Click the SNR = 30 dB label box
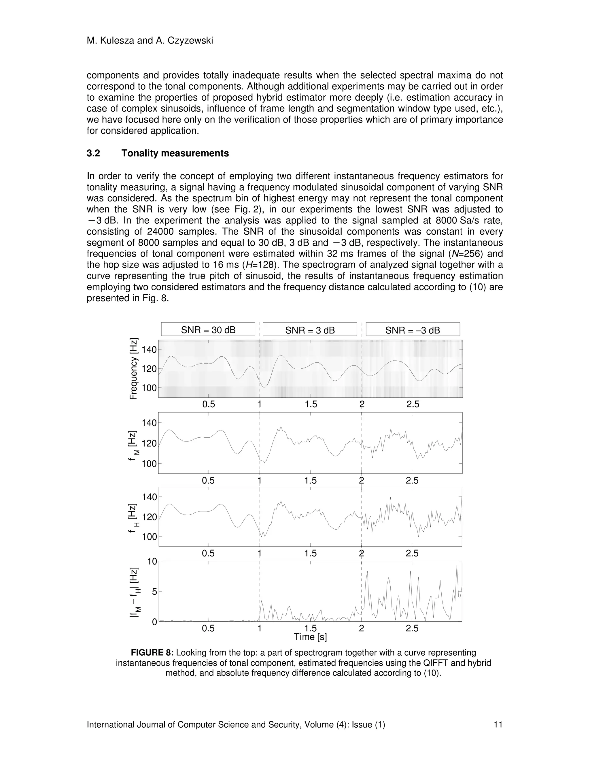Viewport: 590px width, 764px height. pyautogui.click(x=208, y=330)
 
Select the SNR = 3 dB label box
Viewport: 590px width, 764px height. pyautogui.click(x=310, y=330)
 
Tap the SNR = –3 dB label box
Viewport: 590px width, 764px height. pyautogui.click(x=413, y=330)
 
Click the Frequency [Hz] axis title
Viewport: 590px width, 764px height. pyautogui.click(x=133, y=369)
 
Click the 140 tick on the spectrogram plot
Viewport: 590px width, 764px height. pyautogui.click(x=149, y=349)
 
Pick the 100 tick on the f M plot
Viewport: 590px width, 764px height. pyautogui.click(x=149, y=464)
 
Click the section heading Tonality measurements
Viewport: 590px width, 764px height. pyautogui.click(x=175, y=153)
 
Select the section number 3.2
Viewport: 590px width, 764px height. pyautogui.click(x=93, y=153)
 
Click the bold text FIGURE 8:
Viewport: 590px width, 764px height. pyautogui.click(x=152, y=653)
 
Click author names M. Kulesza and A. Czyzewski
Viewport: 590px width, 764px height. pyautogui.click(x=150, y=41)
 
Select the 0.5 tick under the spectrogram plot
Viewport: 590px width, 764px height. pyautogui.click(x=209, y=404)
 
